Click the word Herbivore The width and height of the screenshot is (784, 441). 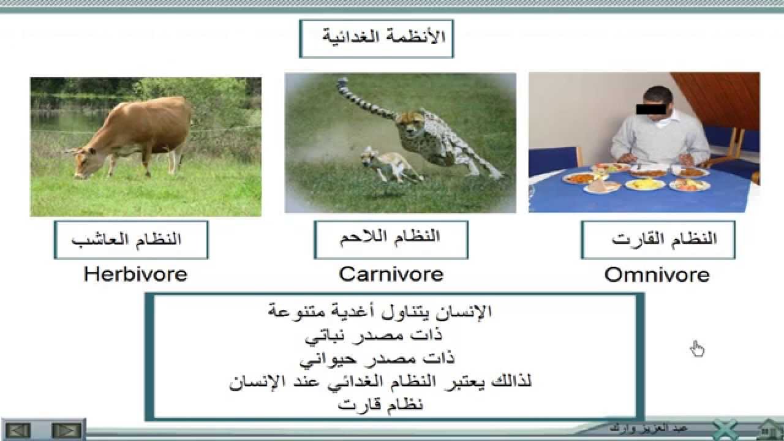(135, 274)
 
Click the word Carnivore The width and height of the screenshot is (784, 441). (391, 274)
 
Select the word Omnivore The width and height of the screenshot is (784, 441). (657, 275)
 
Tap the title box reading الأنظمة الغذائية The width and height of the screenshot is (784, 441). (376, 39)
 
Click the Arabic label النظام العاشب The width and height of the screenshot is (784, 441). (130, 239)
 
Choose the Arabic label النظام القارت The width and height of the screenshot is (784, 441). (658, 239)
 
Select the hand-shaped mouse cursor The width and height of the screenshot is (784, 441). (697, 349)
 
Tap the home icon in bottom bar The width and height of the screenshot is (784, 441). (769, 428)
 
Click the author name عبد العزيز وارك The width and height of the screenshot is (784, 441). (649, 427)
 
